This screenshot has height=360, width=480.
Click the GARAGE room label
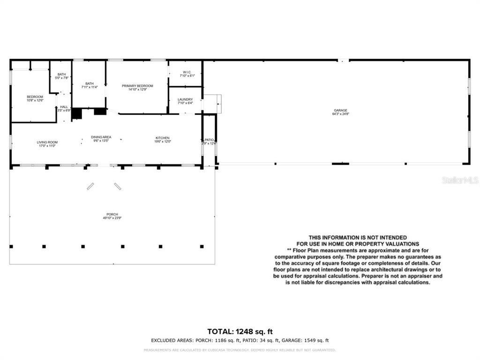(340, 110)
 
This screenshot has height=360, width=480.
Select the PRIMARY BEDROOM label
(137, 86)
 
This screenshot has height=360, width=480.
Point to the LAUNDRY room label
(185, 99)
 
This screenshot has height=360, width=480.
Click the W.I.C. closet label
(185, 72)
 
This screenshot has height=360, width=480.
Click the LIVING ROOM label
(47, 142)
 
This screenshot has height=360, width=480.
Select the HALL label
(64, 107)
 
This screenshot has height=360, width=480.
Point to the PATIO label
(209, 140)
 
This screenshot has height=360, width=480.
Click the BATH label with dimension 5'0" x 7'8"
(62, 74)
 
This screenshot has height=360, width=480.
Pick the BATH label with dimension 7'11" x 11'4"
(89, 83)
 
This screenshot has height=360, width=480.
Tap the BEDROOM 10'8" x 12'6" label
(35, 97)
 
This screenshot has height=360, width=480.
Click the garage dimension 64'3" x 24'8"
(340, 114)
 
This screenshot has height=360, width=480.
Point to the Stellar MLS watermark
(460, 180)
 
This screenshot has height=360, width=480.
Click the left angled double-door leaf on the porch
(90, 186)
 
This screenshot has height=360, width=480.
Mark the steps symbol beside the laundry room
(212, 103)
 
